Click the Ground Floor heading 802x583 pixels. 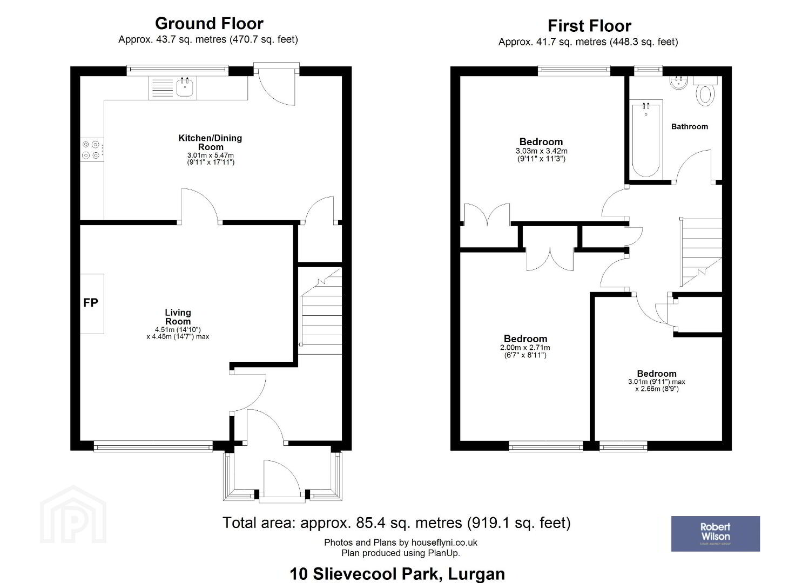(x=209, y=24)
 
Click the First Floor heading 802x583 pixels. (x=589, y=26)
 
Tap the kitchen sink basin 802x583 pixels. (x=185, y=87)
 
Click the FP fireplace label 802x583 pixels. (x=91, y=303)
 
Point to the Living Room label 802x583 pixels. (x=178, y=317)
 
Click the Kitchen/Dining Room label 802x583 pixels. (x=210, y=143)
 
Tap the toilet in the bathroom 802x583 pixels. (x=705, y=91)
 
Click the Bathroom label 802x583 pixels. (x=690, y=127)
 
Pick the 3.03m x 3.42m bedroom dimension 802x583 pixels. (x=541, y=151)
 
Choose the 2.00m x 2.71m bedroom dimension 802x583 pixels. (x=525, y=348)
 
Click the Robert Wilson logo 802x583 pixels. (x=716, y=534)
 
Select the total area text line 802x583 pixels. (x=396, y=523)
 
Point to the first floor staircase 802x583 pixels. (x=700, y=253)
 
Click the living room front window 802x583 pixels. (x=153, y=446)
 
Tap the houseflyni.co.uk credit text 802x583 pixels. (x=401, y=543)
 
